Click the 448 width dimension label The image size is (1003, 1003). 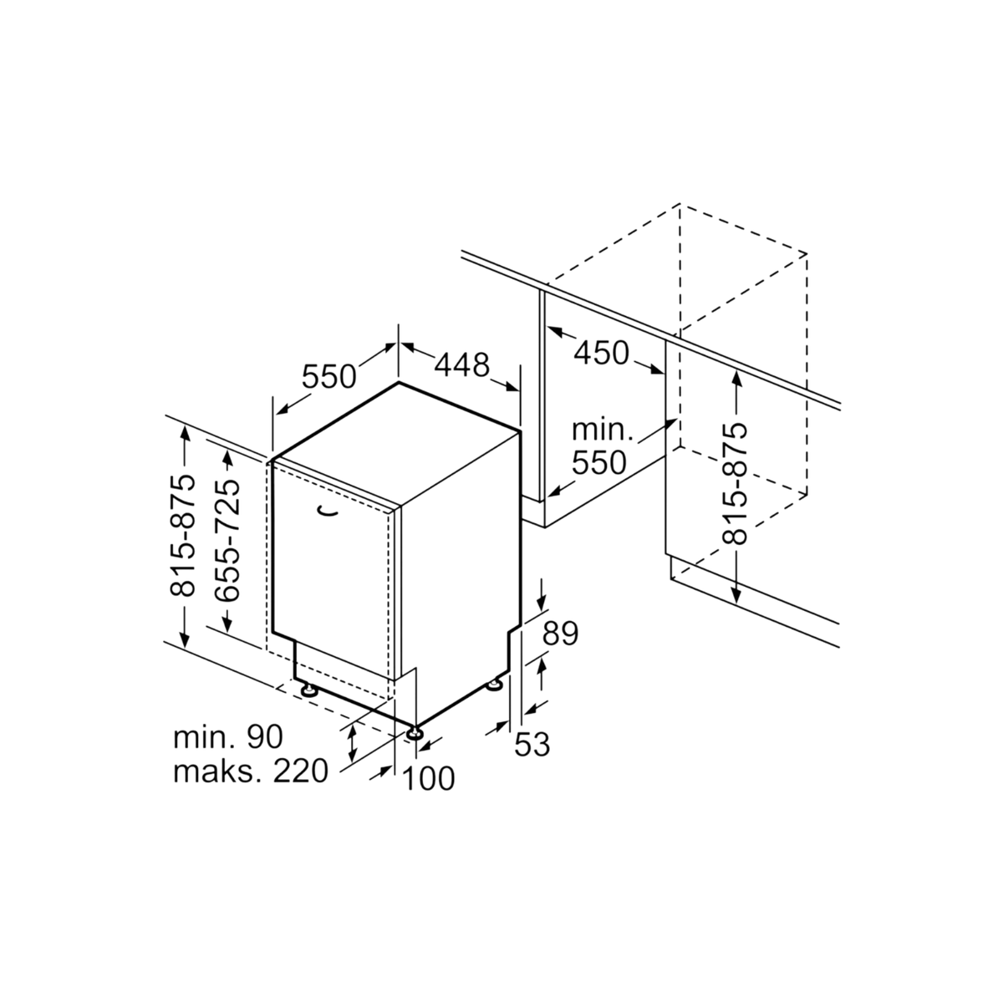click(x=462, y=365)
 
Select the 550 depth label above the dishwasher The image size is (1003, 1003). click(x=329, y=376)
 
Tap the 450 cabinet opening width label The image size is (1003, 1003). click(x=601, y=353)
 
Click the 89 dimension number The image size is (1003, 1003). click(x=560, y=634)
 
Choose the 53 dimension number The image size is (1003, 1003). click(x=532, y=745)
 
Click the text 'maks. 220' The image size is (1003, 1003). click(x=251, y=771)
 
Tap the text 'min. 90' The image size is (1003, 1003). click(x=228, y=736)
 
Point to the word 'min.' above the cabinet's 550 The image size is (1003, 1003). click(x=602, y=430)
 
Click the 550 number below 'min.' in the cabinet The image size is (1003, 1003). click(x=599, y=462)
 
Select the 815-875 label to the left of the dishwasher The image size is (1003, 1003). click(x=183, y=536)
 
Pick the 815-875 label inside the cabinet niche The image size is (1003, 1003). click(x=735, y=484)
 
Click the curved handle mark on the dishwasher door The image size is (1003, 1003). click(x=327, y=512)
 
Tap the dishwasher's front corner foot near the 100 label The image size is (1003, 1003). click(x=415, y=733)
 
